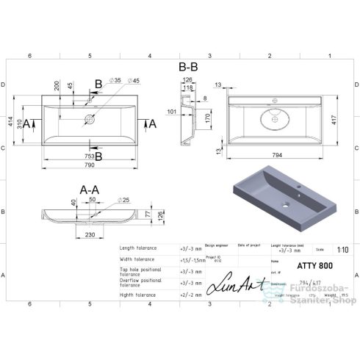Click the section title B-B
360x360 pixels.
click(x=188, y=66)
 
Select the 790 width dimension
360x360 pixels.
click(x=89, y=165)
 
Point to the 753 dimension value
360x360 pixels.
click(x=89, y=156)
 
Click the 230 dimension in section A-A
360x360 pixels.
click(x=88, y=235)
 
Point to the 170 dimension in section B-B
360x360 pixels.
click(x=208, y=118)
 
